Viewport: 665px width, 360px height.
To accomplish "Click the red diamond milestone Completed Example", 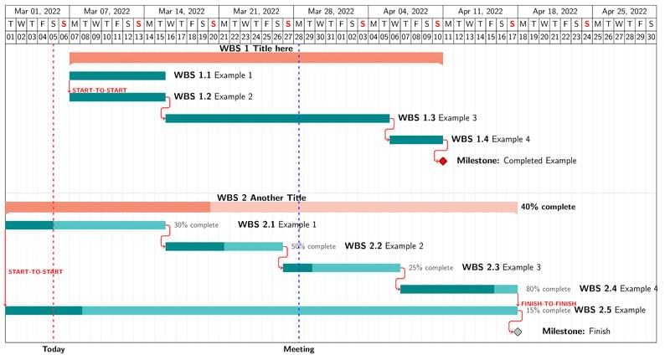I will click(x=443, y=161).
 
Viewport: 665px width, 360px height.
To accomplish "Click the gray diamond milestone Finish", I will click(x=518, y=332).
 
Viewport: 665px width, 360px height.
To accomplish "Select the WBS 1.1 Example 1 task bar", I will click(x=117, y=75).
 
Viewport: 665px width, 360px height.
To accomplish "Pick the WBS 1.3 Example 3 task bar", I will click(x=277, y=118).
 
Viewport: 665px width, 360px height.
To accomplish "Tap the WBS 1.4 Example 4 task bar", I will click(x=416, y=140).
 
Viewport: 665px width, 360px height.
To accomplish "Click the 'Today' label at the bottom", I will click(x=54, y=349).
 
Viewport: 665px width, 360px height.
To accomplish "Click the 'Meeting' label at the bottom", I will click(x=299, y=349).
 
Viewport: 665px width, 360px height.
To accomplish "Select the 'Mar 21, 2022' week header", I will click(x=255, y=12).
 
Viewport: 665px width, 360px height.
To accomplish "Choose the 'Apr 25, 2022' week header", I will click(x=625, y=12).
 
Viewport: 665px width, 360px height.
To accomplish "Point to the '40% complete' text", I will click(x=549, y=207).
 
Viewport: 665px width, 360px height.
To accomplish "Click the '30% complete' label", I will click(x=196, y=225).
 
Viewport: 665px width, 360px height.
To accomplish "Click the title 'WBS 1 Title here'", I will click(x=256, y=49).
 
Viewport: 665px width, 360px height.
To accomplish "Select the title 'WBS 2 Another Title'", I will click(x=261, y=198).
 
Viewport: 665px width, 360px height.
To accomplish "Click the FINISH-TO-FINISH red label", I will click(x=549, y=303).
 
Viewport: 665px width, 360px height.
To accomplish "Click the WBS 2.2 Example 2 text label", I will click(x=384, y=246).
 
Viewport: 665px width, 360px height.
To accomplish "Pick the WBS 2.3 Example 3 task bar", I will click(x=341, y=268).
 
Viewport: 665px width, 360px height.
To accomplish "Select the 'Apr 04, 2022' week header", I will click(x=406, y=12).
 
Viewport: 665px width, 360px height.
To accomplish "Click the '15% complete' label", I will click(x=549, y=311).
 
